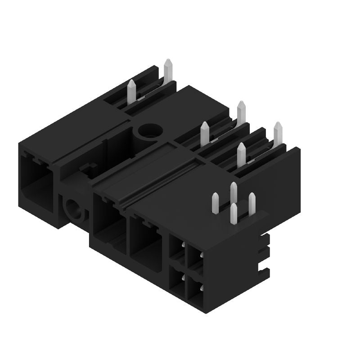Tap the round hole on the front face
point(72,208)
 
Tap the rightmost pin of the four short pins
point(252,203)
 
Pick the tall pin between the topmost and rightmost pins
point(241,112)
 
